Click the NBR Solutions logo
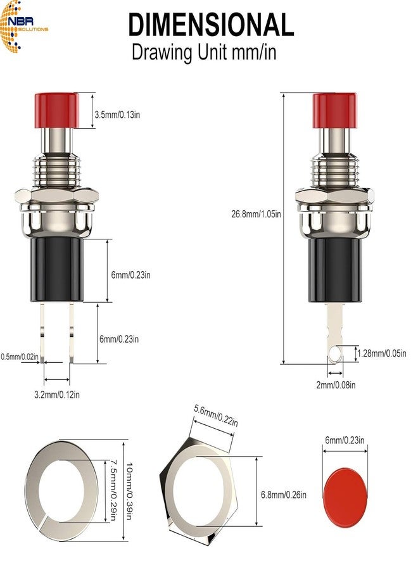click(x=23, y=27)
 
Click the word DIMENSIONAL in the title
click(x=211, y=24)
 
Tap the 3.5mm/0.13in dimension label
click(x=117, y=115)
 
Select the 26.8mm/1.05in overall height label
click(x=256, y=214)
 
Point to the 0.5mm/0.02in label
click(x=20, y=357)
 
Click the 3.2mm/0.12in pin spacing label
click(x=57, y=394)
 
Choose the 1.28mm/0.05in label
click(x=382, y=353)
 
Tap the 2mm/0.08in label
click(x=336, y=384)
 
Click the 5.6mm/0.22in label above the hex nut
click(x=216, y=415)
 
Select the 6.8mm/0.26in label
click(x=284, y=495)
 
